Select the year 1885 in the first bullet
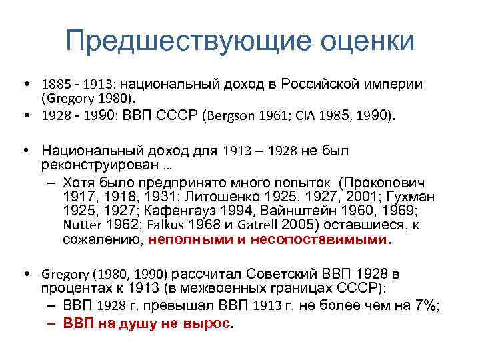55,85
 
